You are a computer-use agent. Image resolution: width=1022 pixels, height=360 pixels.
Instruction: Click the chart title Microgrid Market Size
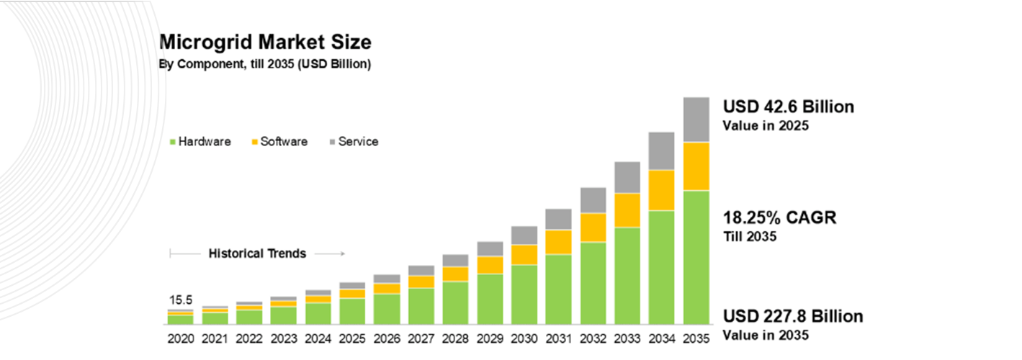coord(265,42)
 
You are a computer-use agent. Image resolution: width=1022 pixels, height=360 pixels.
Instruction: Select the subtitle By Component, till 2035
coord(264,64)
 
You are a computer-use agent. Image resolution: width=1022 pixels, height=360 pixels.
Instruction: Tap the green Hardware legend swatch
coord(173,142)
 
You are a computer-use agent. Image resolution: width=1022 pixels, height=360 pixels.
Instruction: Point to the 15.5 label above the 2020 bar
coord(180,300)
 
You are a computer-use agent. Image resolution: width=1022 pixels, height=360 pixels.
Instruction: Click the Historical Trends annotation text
coord(257,253)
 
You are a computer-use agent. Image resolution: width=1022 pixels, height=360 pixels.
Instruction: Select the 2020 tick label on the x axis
coord(180,337)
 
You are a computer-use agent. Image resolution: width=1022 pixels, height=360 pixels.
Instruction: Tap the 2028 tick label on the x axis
coord(455,337)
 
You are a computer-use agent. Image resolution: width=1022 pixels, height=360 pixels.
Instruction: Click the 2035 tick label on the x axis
coord(696,337)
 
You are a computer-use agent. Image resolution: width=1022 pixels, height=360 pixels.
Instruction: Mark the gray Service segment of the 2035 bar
coord(696,120)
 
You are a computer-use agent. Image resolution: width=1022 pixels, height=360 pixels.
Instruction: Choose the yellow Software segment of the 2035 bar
coord(696,166)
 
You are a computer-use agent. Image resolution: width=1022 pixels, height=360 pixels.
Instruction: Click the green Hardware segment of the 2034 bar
coord(661,267)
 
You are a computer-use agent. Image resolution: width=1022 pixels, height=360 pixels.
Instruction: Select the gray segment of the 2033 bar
coord(627,177)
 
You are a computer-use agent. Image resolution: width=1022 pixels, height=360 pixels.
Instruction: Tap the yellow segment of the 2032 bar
coord(593,228)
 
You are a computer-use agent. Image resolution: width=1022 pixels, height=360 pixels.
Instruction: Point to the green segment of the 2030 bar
coord(524,294)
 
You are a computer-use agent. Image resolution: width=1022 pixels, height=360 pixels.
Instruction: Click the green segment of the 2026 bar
coord(386,309)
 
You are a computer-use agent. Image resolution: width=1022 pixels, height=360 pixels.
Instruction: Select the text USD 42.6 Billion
coord(788,107)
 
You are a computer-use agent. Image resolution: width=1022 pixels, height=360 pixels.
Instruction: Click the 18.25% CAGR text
coord(779,217)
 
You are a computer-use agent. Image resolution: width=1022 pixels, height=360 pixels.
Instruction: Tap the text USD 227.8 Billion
coord(792,317)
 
